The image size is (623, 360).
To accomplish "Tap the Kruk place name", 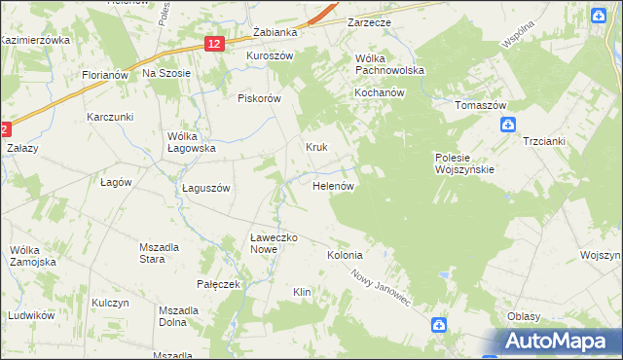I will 316,148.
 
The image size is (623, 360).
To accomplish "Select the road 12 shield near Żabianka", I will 215,43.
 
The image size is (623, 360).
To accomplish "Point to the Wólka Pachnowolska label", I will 389,65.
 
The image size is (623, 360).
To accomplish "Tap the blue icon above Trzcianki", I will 507,125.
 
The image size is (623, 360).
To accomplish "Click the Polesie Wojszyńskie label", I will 464,162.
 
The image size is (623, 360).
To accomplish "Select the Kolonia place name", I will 345,255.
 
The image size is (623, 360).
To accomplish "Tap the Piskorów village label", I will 259,98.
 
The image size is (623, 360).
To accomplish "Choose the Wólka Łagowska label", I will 191,142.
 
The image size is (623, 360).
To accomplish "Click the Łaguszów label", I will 205,189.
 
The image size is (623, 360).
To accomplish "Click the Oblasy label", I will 524,316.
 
